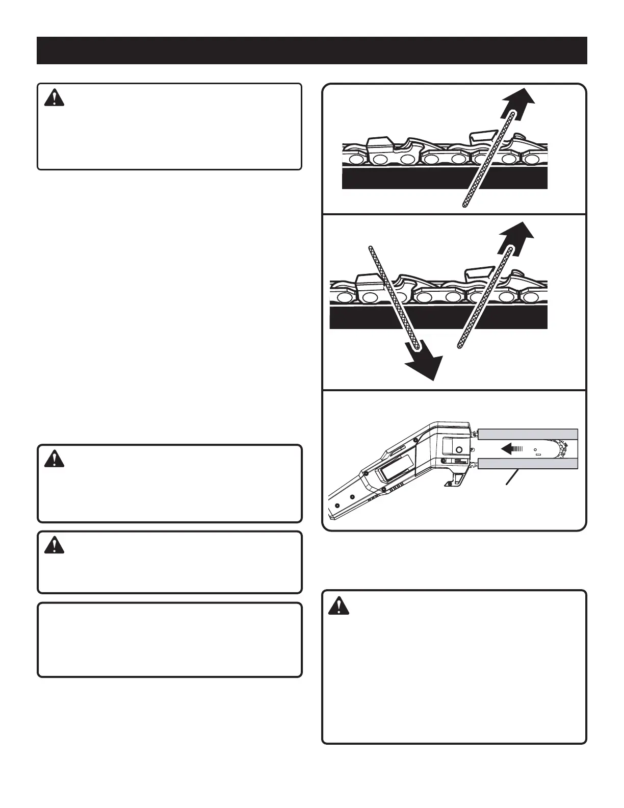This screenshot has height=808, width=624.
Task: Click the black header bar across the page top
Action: (x=311, y=50)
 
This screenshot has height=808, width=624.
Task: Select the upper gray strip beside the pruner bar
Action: (x=528, y=434)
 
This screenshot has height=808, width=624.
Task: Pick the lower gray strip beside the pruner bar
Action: (x=528, y=464)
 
